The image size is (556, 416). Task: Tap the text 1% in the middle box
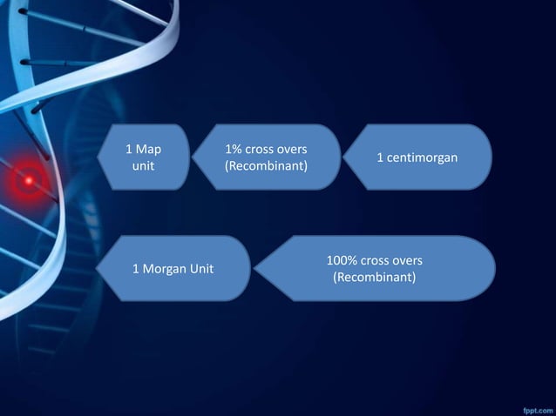tap(234, 149)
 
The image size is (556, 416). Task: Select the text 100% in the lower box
tap(342, 260)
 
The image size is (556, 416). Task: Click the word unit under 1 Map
tap(143, 164)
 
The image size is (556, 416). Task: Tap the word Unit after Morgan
tap(200, 268)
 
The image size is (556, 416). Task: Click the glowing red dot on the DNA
tap(29, 180)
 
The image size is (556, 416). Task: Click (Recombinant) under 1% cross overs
tap(266, 164)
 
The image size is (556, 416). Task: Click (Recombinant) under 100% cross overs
tap(375, 277)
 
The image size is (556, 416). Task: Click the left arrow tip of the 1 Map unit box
tap(99, 157)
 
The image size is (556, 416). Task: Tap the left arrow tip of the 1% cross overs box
tap(193, 157)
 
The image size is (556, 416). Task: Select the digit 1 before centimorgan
tap(380, 158)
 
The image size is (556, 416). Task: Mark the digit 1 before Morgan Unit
tap(135, 268)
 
